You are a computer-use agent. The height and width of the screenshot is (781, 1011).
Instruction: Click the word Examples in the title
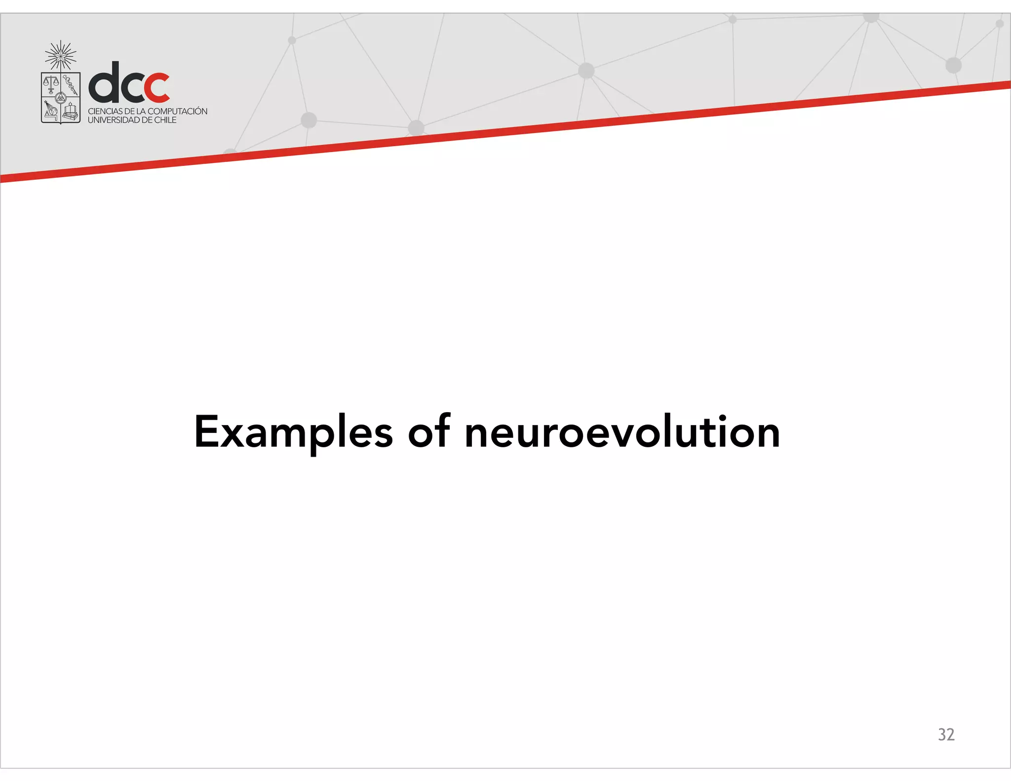(293, 432)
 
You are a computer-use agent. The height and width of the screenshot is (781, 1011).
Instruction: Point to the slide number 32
(946, 734)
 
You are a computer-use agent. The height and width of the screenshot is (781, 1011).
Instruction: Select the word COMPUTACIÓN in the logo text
(177, 111)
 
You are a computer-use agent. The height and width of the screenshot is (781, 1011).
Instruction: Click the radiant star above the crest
(61, 55)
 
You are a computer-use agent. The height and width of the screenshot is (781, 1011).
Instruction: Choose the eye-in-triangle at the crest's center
(60, 98)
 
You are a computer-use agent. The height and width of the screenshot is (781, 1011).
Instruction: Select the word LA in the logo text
(141, 112)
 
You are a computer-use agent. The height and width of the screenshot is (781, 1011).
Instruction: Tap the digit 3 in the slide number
(941, 734)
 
